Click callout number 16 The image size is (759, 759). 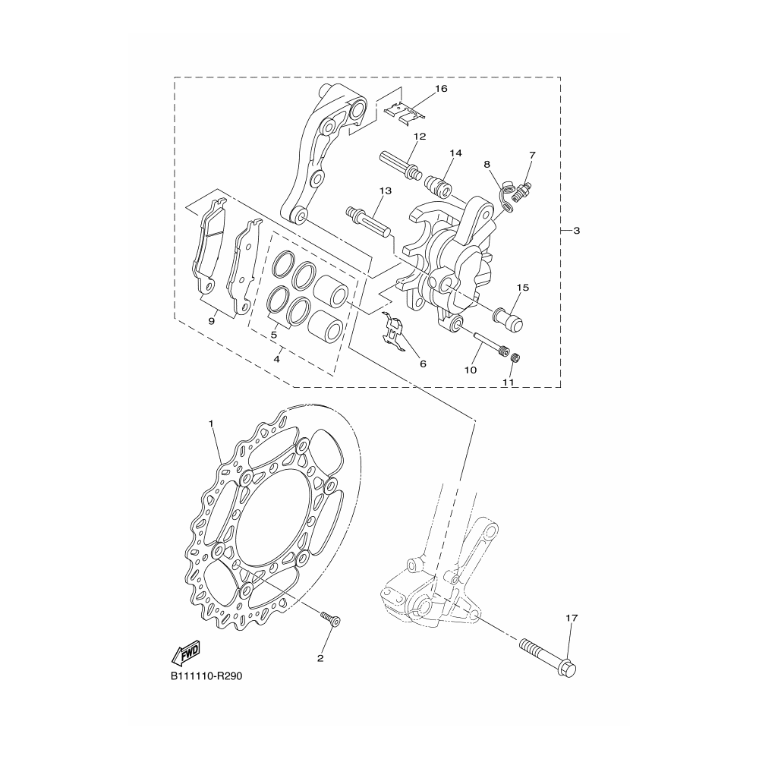(441, 89)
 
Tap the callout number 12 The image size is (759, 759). (420, 137)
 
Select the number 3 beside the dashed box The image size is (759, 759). (577, 231)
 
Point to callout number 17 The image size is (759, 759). (572, 618)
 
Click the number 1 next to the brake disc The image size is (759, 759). (211, 423)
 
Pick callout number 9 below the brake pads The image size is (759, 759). (212, 321)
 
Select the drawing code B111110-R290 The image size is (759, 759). (206, 676)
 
